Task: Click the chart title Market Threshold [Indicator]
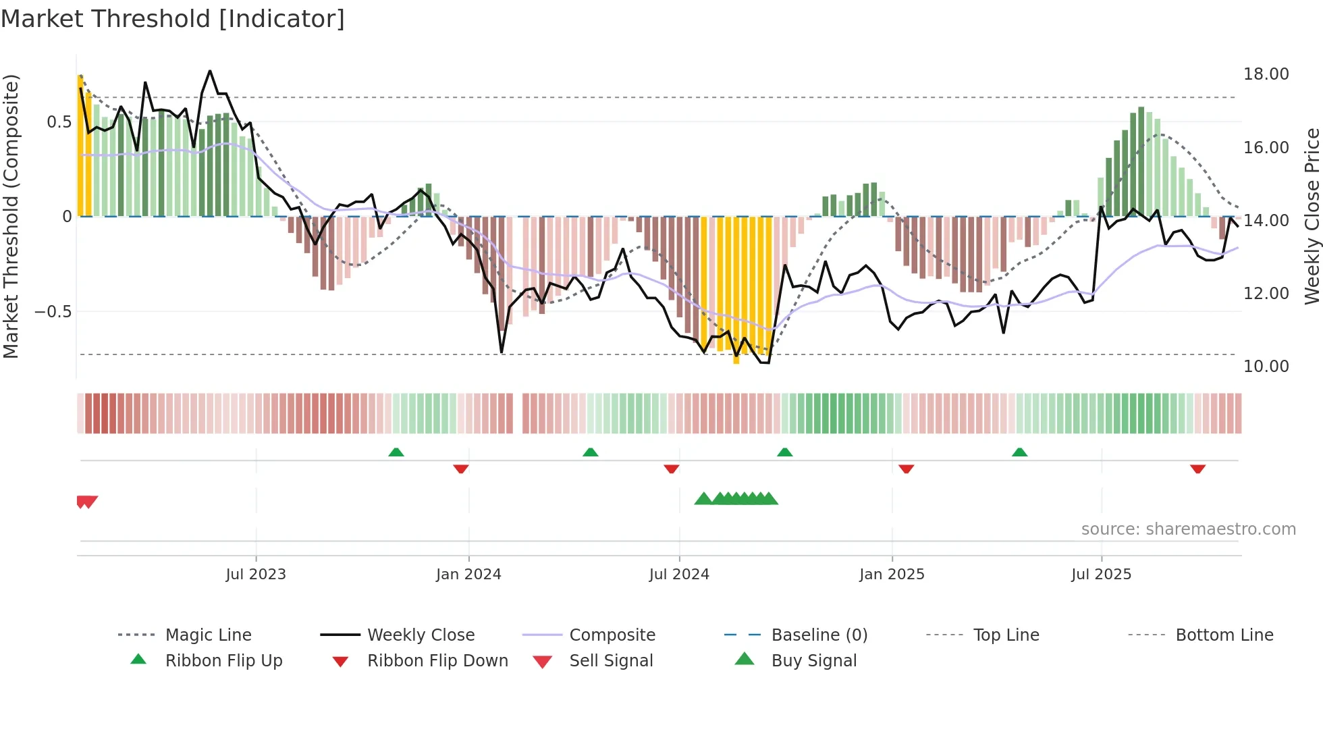173,19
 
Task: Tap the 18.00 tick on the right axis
1266,74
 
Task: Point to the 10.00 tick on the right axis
1266,367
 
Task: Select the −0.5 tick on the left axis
53,312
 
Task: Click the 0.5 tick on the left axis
59,122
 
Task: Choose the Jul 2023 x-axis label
256,575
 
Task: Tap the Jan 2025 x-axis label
892,575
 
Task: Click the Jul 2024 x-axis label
679,575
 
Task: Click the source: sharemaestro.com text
1188,529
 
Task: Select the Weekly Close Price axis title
1312,216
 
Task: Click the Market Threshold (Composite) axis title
11,216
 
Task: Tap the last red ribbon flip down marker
1197,469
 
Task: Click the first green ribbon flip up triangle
396,452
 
